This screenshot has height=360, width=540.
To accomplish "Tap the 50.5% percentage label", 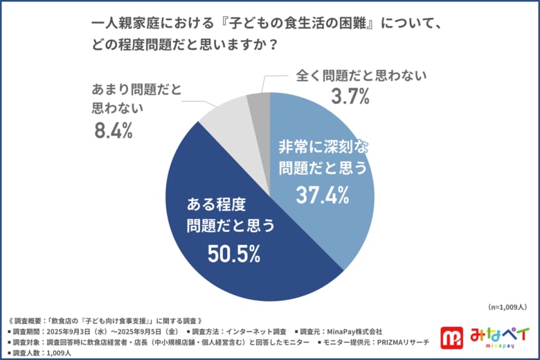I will [234, 254].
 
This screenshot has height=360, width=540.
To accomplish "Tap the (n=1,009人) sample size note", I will [508, 306].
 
